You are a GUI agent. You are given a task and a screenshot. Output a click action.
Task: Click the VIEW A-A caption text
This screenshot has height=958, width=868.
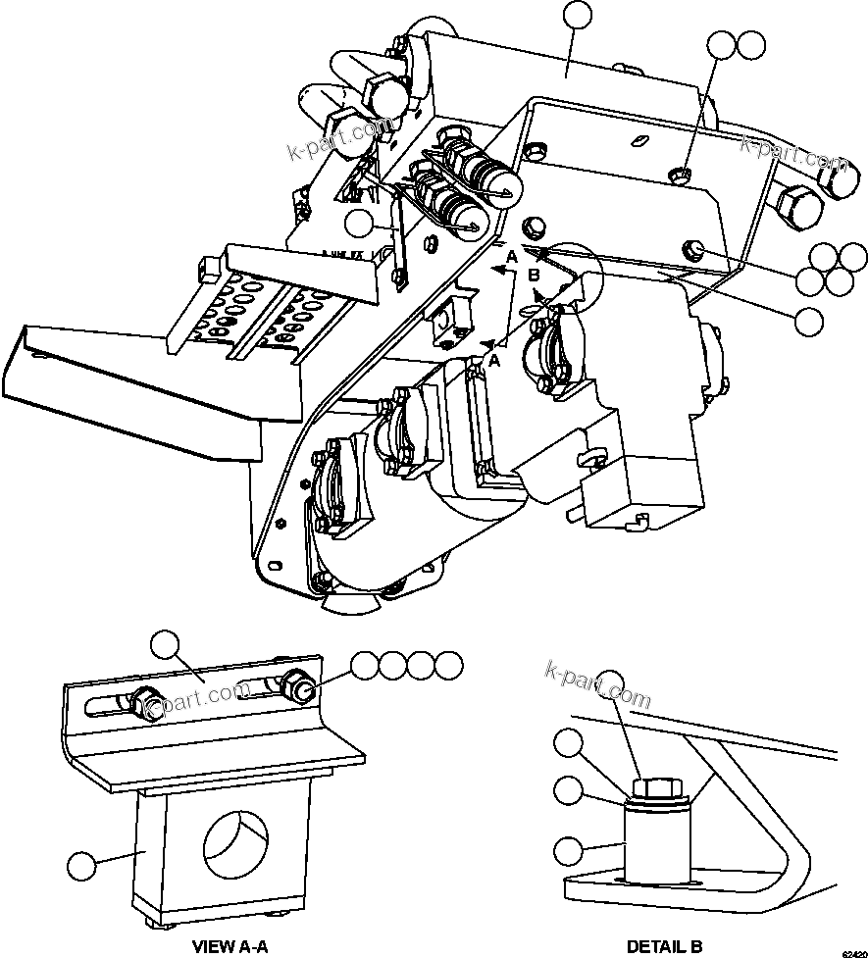(x=230, y=946)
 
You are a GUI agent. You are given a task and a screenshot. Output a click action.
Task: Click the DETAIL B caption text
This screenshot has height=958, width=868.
(x=664, y=946)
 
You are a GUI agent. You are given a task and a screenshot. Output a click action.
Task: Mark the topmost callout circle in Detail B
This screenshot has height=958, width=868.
(x=612, y=682)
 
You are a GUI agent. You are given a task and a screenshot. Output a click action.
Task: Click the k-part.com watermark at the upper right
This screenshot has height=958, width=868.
(x=793, y=146)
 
